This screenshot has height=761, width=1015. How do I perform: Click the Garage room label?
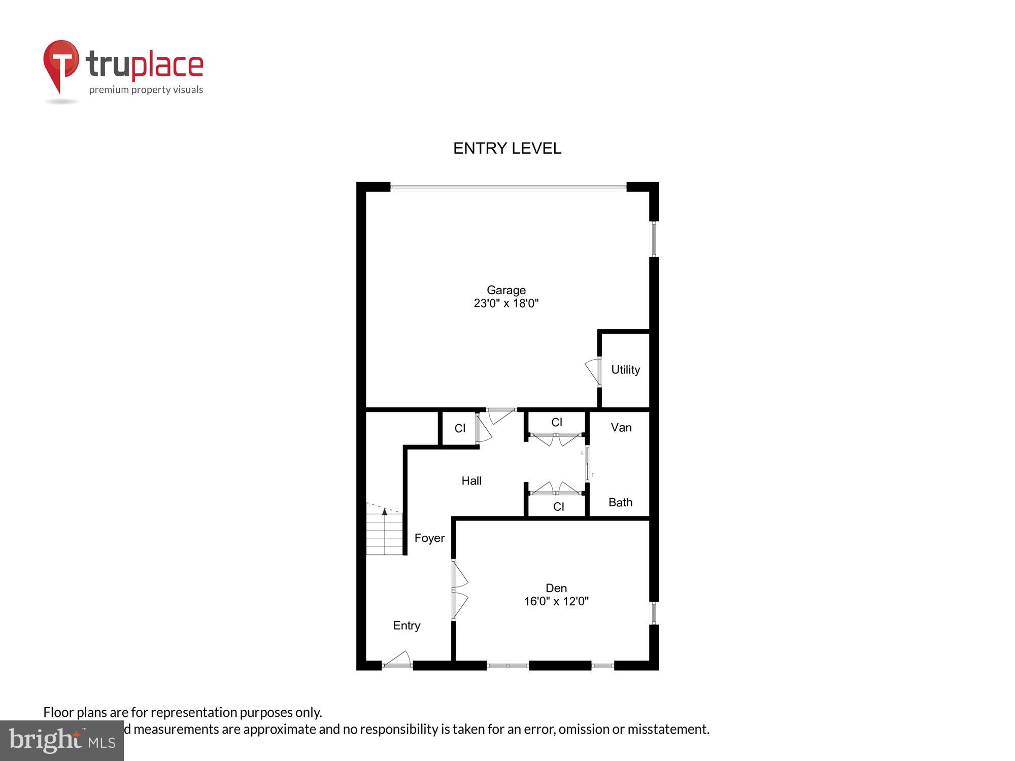506,290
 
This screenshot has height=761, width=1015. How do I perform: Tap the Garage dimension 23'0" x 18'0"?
506,303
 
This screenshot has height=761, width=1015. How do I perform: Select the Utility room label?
625,370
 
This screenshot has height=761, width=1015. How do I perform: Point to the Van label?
621,428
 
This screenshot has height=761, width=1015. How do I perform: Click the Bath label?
620,502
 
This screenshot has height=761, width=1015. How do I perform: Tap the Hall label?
471,481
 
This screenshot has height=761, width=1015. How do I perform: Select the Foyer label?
429,538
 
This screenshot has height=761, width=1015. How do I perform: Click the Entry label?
407,626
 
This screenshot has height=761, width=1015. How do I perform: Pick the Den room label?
556,588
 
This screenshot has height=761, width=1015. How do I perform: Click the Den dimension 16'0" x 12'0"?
556,601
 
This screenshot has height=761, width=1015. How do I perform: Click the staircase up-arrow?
385,512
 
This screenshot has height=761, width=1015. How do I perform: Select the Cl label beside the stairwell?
460,429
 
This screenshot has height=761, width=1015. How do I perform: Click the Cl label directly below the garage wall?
557,422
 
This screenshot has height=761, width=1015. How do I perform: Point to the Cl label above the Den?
558,506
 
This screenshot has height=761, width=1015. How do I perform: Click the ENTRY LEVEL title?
507,148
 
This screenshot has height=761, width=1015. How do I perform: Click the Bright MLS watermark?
62,741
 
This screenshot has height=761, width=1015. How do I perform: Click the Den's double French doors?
459,590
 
